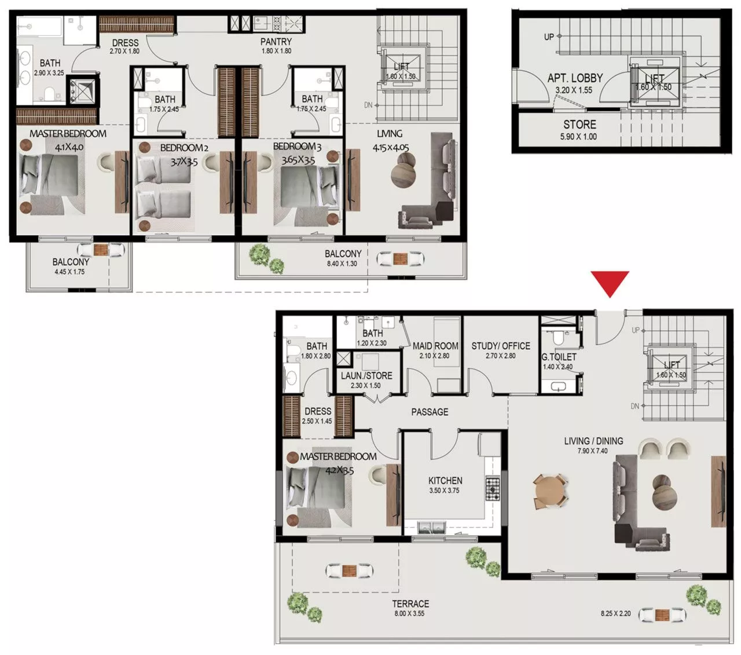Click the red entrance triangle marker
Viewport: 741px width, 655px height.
tap(610, 283)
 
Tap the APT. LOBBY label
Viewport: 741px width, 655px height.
tap(575, 78)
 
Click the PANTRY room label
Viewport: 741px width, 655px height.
tap(276, 42)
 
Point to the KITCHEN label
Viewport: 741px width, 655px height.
tap(445, 480)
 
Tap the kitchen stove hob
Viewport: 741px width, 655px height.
tap(493, 488)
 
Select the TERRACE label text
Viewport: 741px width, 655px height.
tap(410, 603)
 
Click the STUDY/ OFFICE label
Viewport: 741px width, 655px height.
tap(501, 346)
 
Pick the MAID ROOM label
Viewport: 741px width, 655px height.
tap(435, 346)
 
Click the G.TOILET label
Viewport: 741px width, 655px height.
tap(559, 357)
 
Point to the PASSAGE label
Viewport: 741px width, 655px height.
tap(430, 412)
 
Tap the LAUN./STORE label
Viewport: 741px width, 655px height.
tap(366, 375)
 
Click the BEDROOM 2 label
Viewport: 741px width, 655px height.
tap(184, 148)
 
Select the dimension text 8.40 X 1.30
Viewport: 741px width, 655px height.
tap(342, 264)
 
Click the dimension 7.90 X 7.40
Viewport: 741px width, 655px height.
tap(593, 451)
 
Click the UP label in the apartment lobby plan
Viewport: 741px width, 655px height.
tap(549, 36)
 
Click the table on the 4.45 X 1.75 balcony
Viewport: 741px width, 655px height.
tap(101, 250)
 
